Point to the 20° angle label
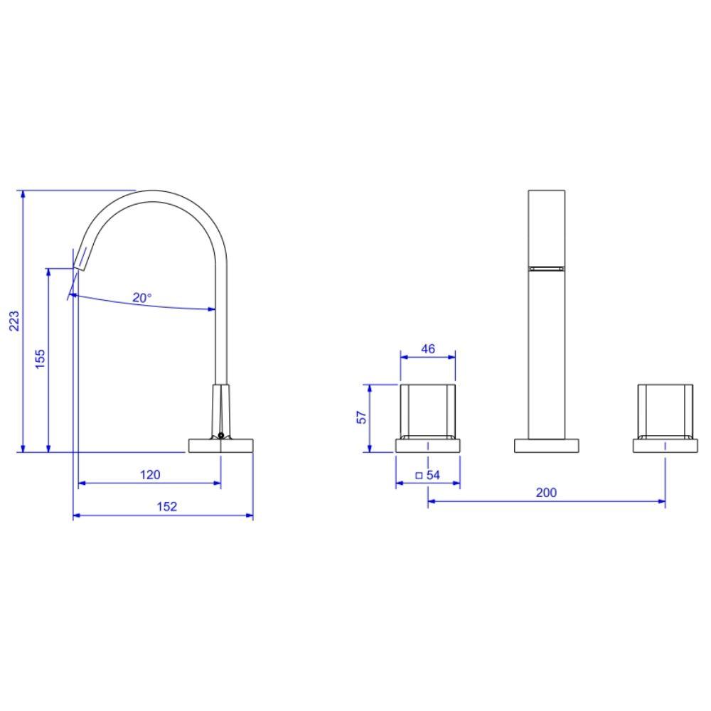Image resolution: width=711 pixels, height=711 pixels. click(141, 298)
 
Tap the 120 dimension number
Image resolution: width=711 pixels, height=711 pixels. click(149, 474)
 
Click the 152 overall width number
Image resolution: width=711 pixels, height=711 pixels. click(166, 506)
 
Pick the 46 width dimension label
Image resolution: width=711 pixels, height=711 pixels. click(427, 349)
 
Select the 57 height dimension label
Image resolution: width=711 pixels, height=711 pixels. click(362, 417)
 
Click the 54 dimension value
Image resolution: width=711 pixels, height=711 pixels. click(433, 475)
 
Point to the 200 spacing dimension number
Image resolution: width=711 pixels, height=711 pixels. click(546, 492)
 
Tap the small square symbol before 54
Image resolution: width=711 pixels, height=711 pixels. click(419, 475)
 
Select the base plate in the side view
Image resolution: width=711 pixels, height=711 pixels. click(220, 445)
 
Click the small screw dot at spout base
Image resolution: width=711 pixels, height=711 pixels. click(221, 435)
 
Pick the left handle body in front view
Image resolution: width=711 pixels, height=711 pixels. click(427, 411)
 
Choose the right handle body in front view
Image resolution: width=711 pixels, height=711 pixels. click(665, 411)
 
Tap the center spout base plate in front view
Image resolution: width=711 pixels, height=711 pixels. click(546, 446)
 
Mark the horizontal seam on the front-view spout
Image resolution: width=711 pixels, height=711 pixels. click(546, 268)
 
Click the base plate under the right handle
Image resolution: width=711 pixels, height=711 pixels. click(665, 446)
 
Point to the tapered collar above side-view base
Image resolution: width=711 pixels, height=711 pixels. click(221, 409)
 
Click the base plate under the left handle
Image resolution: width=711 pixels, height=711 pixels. click(427, 446)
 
